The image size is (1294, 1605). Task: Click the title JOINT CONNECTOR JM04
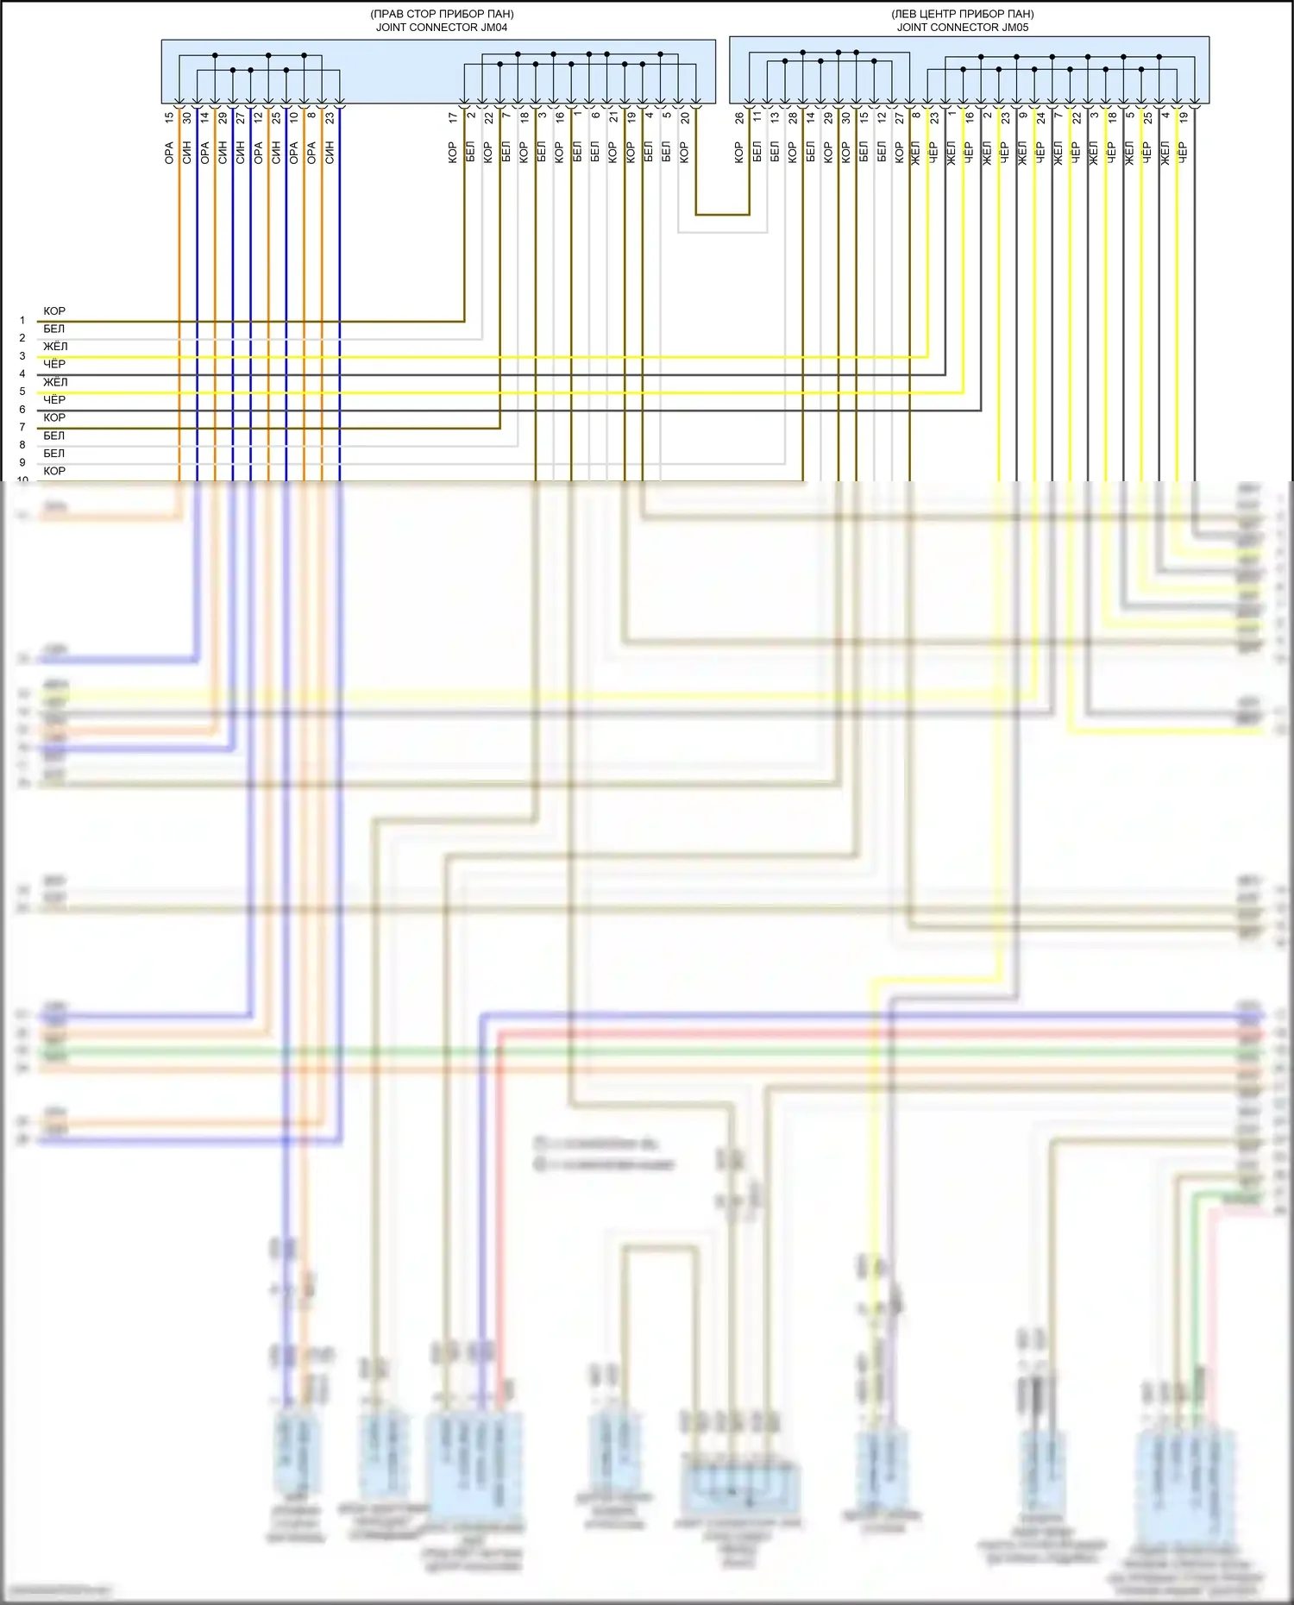(x=441, y=27)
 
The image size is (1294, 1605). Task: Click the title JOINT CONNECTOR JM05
(x=962, y=27)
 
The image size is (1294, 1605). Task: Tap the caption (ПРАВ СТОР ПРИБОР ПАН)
(x=441, y=14)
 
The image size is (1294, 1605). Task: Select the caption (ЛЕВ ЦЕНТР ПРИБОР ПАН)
(x=962, y=14)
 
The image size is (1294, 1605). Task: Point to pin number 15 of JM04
(x=169, y=116)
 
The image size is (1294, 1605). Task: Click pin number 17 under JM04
(x=453, y=116)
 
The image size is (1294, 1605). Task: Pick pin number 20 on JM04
(x=685, y=117)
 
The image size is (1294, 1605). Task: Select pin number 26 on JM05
(x=739, y=117)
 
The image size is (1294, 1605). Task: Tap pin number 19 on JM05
(x=1184, y=116)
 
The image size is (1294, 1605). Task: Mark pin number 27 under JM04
(x=241, y=116)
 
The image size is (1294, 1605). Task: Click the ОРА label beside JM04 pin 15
(x=169, y=153)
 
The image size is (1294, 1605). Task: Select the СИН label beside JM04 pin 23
(x=330, y=153)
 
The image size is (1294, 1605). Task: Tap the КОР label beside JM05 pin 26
(x=739, y=153)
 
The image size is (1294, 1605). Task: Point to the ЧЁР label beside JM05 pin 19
(x=1183, y=153)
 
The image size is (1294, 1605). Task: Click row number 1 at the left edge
(x=22, y=320)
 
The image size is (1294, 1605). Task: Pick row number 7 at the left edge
(x=22, y=427)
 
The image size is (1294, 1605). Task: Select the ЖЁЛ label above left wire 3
(x=55, y=346)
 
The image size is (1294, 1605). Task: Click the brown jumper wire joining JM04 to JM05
(x=723, y=214)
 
